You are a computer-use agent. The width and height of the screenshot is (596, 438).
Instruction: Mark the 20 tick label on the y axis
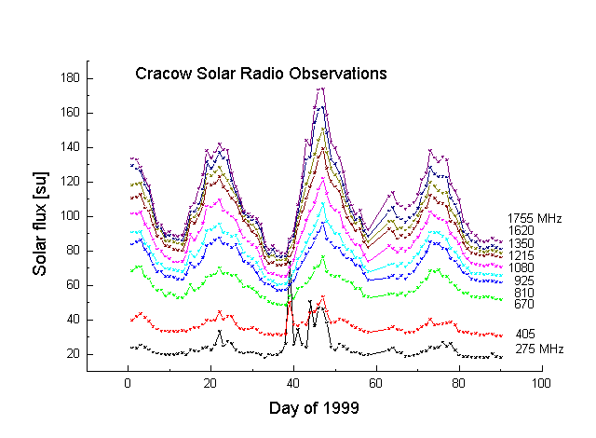69,354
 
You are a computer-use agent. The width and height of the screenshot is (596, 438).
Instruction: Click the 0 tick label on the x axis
128,383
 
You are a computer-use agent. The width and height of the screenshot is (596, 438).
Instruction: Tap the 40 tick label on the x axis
292,383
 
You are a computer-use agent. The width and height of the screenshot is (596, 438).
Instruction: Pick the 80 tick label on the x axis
457,383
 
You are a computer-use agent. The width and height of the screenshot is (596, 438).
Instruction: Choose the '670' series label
523,304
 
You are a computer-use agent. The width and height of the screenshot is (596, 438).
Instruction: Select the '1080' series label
525,267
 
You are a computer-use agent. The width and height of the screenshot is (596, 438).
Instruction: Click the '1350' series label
525,243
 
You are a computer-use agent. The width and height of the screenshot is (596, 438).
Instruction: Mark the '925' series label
523,280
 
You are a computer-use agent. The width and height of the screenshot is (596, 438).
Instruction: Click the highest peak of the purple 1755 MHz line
322,89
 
